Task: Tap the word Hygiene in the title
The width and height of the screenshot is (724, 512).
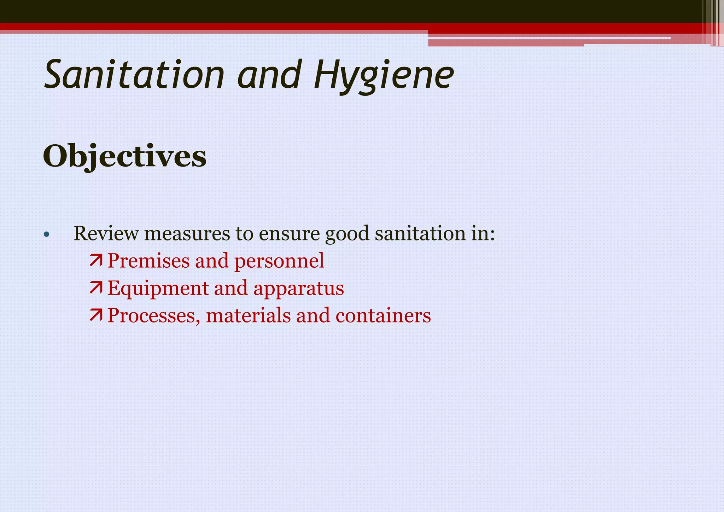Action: [x=384, y=75]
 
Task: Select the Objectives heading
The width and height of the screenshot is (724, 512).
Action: [x=124, y=156]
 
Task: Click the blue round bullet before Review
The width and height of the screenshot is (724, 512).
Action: [x=46, y=234]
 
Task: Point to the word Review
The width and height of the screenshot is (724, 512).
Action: [x=106, y=234]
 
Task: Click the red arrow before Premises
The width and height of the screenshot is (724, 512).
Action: [x=96, y=261]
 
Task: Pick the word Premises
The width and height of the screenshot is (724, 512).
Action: [x=148, y=261]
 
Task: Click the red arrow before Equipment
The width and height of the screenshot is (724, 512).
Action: [x=96, y=288]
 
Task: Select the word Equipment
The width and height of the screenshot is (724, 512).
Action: [x=158, y=289]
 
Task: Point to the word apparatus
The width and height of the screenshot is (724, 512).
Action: [x=298, y=289]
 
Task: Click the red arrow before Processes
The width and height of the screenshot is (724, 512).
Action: [x=96, y=315]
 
